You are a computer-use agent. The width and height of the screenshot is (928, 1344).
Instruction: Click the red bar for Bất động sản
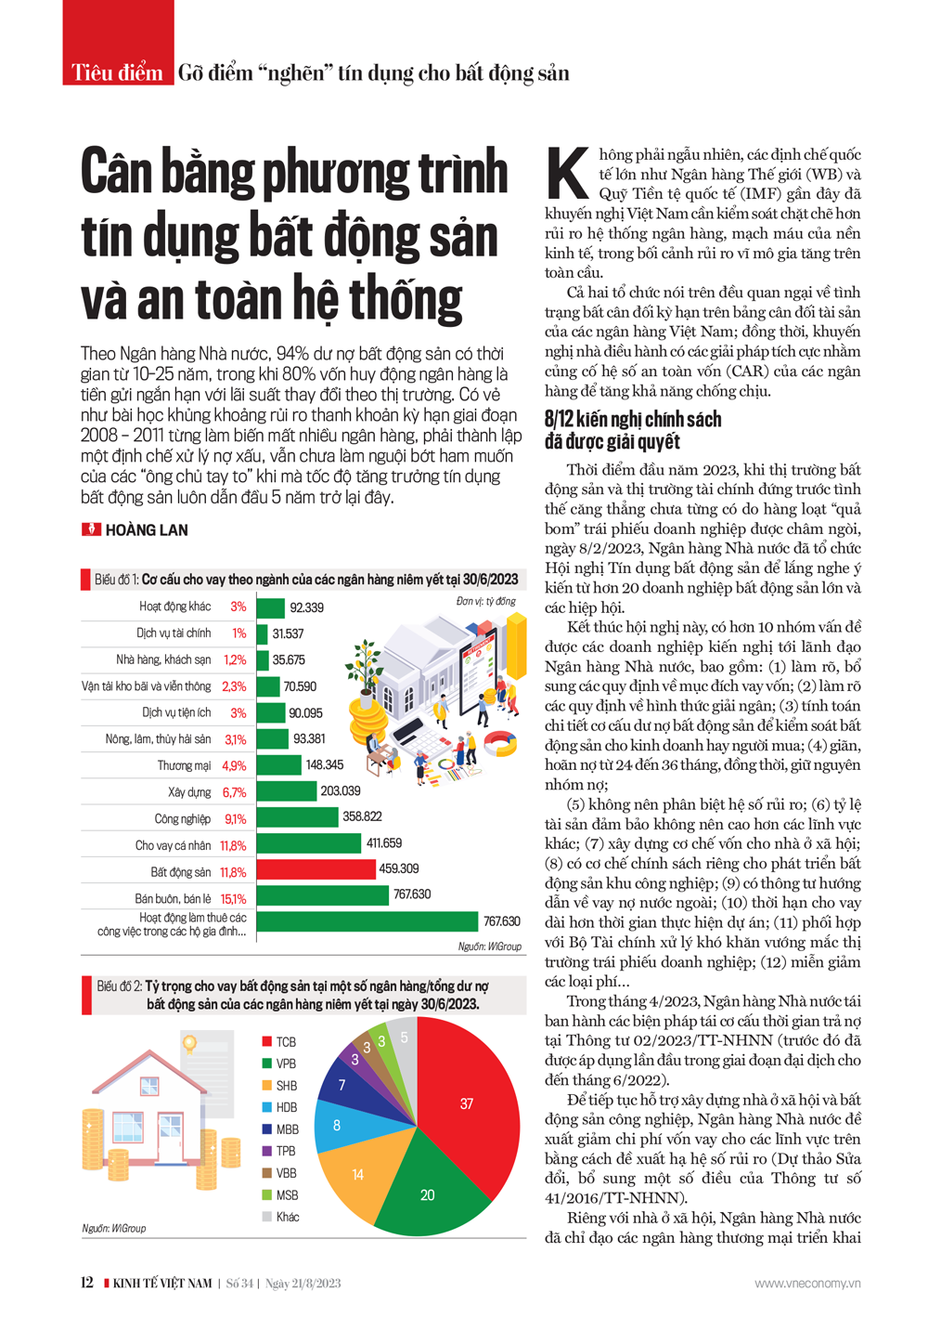tap(316, 869)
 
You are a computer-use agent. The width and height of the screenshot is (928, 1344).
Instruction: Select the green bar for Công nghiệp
tap(297, 816)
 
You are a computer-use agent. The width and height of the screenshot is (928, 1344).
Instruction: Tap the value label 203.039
tap(341, 790)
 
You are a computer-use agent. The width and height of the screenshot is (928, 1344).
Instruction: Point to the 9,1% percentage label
tap(236, 819)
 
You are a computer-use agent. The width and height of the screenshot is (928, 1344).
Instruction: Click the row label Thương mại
tap(184, 766)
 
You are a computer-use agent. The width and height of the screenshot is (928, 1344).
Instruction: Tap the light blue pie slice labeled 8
tap(338, 1125)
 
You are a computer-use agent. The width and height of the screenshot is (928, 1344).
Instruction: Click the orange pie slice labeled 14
tap(358, 1175)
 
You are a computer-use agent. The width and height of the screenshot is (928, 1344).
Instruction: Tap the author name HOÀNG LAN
tap(147, 530)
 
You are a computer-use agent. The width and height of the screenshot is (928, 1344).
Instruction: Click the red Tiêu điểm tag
tap(118, 72)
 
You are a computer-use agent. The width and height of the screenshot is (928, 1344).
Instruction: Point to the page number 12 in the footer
tap(87, 1283)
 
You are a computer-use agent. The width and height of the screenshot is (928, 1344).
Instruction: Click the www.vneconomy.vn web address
tap(807, 1284)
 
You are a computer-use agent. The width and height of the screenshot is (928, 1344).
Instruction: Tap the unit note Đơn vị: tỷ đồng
tap(486, 602)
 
